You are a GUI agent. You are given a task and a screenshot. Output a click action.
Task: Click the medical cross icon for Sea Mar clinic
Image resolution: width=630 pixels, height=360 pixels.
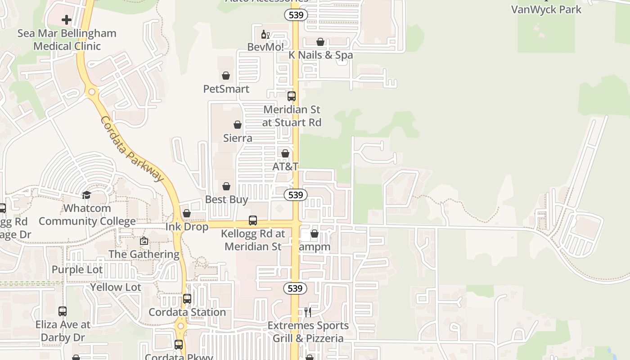click(x=67, y=20)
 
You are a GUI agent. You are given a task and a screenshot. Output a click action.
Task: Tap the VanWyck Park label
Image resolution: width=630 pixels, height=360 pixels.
click(x=546, y=9)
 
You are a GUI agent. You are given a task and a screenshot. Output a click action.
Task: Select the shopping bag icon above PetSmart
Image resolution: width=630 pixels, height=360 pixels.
click(x=226, y=76)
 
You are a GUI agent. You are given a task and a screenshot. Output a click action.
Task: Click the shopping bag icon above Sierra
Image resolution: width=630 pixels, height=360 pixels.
click(x=238, y=125)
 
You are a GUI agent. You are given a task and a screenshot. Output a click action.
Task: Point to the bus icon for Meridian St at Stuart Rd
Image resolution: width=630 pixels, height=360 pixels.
click(x=292, y=96)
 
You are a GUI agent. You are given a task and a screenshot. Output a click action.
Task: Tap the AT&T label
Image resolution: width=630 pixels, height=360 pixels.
click(x=285, y=166)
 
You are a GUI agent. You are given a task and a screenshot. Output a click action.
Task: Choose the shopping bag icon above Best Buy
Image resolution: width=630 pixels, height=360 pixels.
click(x=226, y=186)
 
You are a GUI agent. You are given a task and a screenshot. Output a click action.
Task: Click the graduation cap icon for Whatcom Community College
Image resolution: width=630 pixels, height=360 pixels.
click(x=86, y=195)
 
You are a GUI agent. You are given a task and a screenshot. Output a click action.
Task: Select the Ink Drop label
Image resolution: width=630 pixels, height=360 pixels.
click(x=187, y=226)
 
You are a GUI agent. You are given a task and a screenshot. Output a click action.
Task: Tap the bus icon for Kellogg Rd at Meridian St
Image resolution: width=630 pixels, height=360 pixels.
click(x=253, y=220)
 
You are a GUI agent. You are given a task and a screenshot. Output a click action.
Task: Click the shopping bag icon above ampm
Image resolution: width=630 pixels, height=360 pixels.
click(x=315, y=234)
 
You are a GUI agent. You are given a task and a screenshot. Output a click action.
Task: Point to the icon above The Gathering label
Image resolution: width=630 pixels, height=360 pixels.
click(x=144, y=241)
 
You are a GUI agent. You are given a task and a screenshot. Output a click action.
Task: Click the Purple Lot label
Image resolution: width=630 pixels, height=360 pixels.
click(x=77, y=270)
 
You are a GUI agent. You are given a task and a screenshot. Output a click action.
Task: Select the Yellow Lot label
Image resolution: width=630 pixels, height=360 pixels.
click(x=116, y=287)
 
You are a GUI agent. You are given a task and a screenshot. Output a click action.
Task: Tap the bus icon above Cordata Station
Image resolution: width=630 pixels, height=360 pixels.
click(x=187, y=298)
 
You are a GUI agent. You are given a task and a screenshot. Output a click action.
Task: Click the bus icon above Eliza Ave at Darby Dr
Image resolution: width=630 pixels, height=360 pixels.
click(x=63, y=311)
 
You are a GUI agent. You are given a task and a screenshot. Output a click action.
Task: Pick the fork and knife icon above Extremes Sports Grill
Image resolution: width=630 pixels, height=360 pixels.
click(x=308, y=312)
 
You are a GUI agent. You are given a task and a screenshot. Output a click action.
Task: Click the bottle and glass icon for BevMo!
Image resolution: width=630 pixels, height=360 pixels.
click(x=265, y=34)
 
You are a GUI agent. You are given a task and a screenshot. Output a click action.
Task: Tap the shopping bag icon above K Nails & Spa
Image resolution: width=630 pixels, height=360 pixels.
click(x=320, y=42)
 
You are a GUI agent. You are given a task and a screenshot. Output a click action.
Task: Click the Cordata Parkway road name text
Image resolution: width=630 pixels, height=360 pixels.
click(x=131, y=148)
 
